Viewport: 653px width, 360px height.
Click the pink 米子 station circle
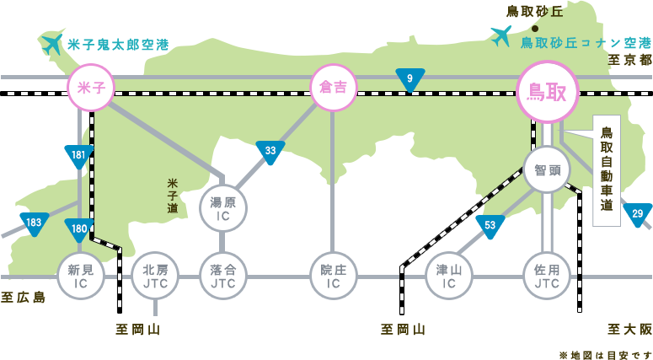coord(90,88)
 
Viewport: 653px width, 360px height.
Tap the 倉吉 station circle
coord(334,88)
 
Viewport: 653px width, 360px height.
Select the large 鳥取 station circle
coord(547,91)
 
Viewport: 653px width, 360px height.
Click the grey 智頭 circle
coord(547,169)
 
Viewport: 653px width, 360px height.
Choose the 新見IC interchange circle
coord(81,276)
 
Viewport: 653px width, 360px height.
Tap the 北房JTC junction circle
coord(155,276)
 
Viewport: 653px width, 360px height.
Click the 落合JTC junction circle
coord(223,276)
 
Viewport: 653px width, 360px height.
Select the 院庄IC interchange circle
coord(334,276)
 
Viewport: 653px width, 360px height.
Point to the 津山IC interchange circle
coord(448,276)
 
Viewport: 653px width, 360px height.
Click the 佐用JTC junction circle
coord(547,276)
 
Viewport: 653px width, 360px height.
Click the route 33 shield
coord(270,152)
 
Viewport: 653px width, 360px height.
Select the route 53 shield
coord(490,226)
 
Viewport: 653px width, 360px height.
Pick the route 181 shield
coord(78,156)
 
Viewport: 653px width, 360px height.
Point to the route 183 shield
coord(34,223)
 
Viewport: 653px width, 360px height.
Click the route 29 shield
coord(637,214)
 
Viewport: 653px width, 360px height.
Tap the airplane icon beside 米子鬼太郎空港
coord(52,43)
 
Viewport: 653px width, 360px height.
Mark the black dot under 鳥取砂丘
coord(534,28)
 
